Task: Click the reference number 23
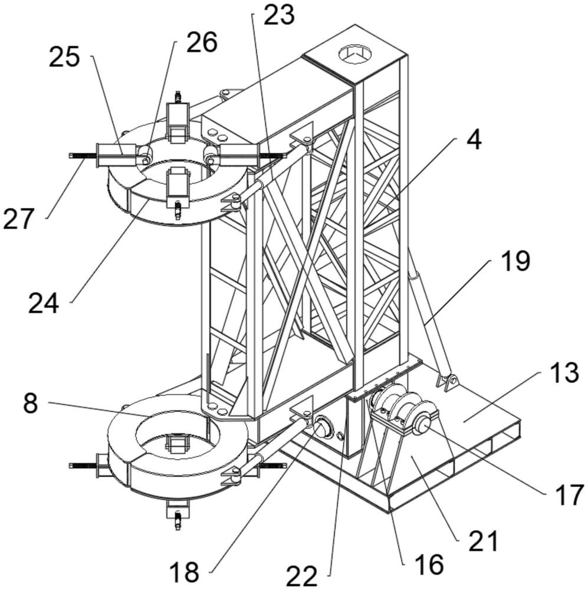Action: pyautogui.click(x=279, y=15)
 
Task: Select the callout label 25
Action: pyautogui.click(x=64, y=57)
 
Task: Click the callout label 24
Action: pyautogui.click(x=44, y=304)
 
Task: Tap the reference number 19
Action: pyautogui.click(x=515, y=261)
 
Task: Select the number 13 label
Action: pyautogui.click(x=564, y=372)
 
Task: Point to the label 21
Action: pyautogui.click(x=484, y=540)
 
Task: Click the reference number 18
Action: pyautogui.click(x=184, y=572)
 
